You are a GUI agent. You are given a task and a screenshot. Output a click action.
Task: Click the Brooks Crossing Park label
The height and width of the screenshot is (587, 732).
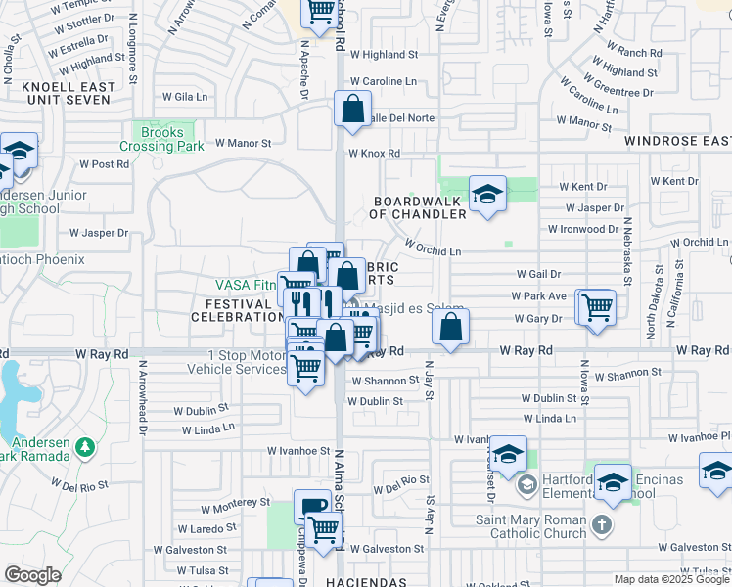(x=161, y=139)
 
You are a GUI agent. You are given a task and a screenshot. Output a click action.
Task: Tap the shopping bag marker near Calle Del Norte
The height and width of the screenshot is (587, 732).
(x=352, y=109)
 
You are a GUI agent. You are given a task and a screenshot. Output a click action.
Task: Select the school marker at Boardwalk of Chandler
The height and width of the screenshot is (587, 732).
(x=486, y=194)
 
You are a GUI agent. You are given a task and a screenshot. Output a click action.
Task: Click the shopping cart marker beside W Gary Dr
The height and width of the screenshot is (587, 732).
(x=595, y=307)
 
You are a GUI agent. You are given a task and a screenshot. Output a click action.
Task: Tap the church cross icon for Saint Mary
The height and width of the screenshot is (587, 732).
(x=602, y=527)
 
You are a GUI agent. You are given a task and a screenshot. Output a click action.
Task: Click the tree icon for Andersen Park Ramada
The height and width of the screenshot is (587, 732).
(x=86, y=447)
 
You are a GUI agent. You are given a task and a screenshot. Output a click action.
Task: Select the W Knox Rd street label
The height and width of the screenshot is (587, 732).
(x=374, y=154)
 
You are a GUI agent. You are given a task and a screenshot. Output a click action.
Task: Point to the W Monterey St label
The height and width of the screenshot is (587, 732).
(x=235, y=502)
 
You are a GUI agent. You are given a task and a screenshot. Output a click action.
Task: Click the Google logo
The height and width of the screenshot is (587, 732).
(x=32, y=575)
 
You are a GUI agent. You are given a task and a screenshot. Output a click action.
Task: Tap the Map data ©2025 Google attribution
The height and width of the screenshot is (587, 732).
(x=670, y=579)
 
